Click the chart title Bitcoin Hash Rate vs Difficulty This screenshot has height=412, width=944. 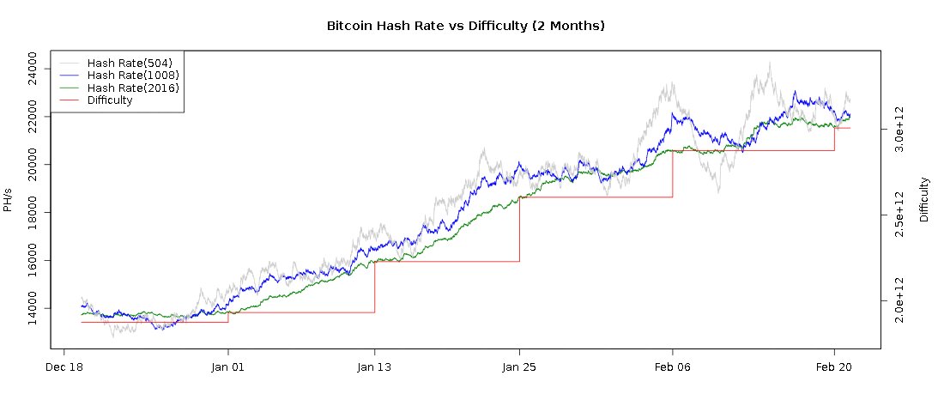point(466,26)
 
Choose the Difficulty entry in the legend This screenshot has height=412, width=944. point(110,100)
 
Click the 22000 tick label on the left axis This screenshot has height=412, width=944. point(33,116)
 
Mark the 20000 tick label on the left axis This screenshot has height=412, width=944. point(33,164)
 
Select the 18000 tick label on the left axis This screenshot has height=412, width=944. point(33,212)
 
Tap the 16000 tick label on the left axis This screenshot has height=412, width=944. point(33,260)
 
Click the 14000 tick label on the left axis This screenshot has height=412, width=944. point(33,308)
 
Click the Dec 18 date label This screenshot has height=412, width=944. point(64,367)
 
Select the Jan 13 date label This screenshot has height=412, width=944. point(374,367)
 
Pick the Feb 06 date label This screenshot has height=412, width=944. point(672,367)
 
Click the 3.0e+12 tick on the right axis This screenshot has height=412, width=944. point(899,130)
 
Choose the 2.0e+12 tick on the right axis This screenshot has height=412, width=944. point(899,301)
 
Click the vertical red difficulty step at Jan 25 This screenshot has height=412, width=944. point(519,229)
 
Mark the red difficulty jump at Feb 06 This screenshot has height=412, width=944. point(672,174)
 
